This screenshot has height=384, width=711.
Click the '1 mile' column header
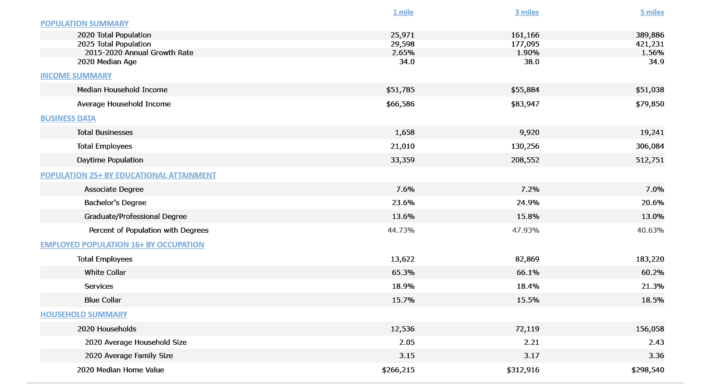[403, 12]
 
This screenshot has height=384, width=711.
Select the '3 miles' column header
[527, 12]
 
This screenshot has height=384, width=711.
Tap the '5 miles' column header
[652, 12]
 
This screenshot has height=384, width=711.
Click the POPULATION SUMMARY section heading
[84, 24]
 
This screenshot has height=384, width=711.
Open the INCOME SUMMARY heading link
[76, 76]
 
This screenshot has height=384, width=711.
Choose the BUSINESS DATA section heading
[68, 119]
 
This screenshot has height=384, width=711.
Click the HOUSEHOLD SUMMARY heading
[84, 315]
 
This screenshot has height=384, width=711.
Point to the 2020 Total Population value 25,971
[402, 35]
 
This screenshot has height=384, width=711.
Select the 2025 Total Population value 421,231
[650, 44]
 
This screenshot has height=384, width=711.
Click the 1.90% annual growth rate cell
[528, 53]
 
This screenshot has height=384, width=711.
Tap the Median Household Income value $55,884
[525, 90]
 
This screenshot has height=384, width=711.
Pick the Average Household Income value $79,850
[650, 104]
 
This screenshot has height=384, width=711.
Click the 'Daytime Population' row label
[110, 160]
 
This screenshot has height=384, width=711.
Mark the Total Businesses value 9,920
[529, 132]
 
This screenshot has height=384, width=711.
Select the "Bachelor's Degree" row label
[115, 203]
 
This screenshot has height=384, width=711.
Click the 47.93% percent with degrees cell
[525, 230]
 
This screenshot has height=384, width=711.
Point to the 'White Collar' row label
[105, 272]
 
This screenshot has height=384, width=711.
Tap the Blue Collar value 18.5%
[652, 300]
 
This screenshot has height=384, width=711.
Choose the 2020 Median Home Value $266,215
[398, 370]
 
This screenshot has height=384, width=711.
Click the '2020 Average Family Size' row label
[129, 356]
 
